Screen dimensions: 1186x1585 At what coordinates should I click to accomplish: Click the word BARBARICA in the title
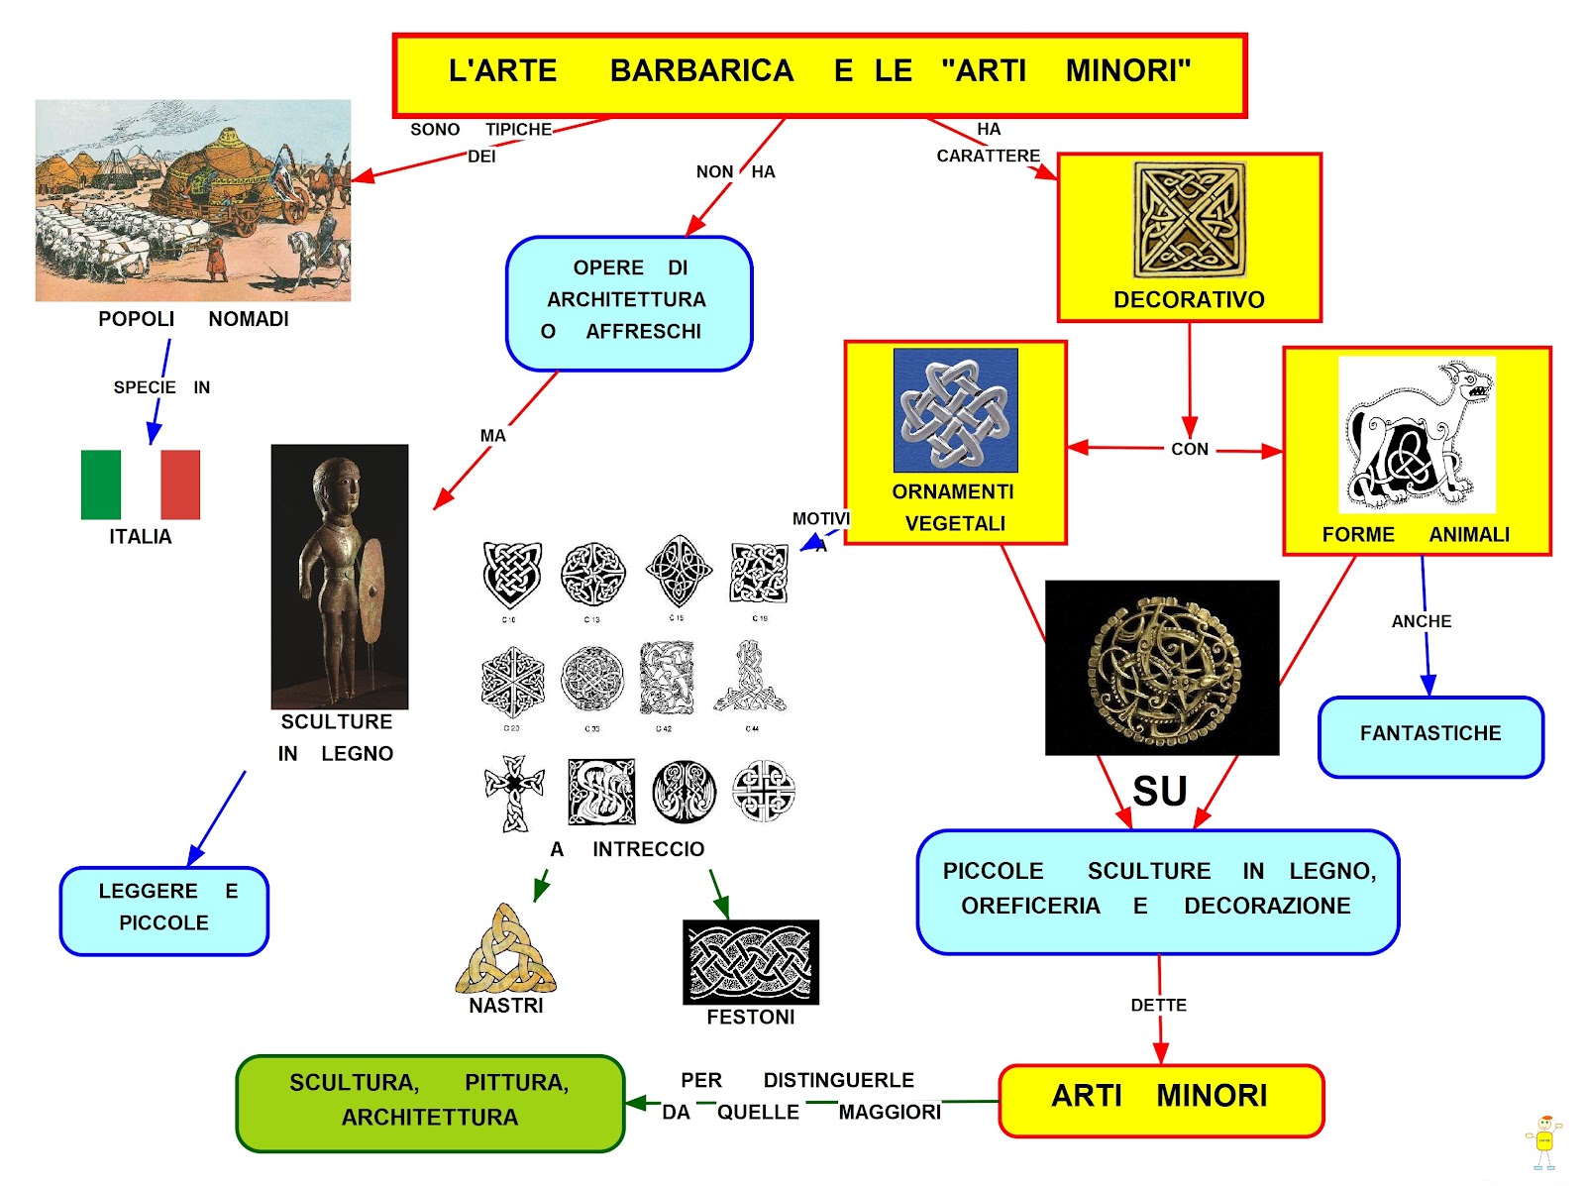701,71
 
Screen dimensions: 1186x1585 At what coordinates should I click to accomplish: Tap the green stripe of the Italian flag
101,485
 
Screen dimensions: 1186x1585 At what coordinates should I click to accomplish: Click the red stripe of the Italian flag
180,485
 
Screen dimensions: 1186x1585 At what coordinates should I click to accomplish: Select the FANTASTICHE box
1430,735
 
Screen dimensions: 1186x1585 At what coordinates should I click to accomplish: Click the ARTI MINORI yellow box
1160,1098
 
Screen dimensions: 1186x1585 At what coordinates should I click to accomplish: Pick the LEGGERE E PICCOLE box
164,909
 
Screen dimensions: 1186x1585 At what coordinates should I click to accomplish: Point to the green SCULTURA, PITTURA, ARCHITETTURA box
430,1101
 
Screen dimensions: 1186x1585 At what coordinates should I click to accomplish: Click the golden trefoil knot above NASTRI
506,950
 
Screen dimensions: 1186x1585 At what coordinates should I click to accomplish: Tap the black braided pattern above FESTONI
751,961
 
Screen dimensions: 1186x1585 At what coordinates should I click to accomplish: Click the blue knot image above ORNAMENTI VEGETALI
955,409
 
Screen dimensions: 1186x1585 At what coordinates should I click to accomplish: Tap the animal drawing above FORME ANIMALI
1416,434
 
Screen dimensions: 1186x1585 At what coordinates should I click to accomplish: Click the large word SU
1160,792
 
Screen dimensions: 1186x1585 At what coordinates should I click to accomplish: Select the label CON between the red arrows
1190,449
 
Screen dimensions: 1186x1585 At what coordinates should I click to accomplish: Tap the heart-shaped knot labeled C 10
511,575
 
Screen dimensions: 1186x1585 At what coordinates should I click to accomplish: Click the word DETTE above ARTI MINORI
1158,1005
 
